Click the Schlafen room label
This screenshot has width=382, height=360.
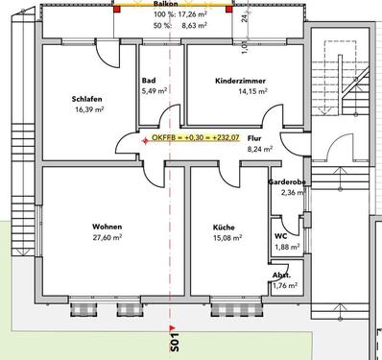86,98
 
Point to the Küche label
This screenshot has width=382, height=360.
223,227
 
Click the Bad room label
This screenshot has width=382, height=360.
148,81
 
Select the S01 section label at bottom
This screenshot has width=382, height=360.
174,337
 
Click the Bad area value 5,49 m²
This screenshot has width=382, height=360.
154,91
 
